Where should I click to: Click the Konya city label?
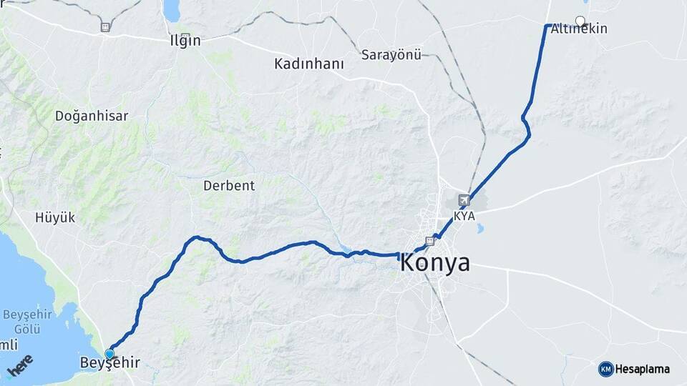click(x=435, y=262)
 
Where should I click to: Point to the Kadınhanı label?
click(x=309, y=64)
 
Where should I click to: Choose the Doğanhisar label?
click(x=91, y=115)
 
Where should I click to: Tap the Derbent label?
click(x=229, y=186)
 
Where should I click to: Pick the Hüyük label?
click(x=55, y=218)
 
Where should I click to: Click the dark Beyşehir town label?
click(x=109, y=362)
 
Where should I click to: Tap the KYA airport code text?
click(x=464, y=215)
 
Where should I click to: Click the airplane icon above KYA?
click(x=465, y=201)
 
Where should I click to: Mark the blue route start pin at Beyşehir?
click(x=109, y=354)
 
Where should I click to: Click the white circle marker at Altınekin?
click(x=580, y=21)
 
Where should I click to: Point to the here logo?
click(x=21, y=365)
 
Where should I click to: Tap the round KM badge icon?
click(x=605, y=369)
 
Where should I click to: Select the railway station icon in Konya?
click(x=429, y=241)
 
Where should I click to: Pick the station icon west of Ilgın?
click(x=106, y=27)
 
